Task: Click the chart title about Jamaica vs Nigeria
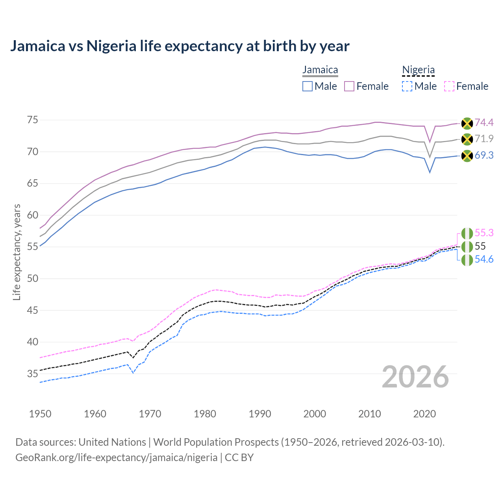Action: (x=180, y=46)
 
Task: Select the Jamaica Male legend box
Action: (x=308, y=86)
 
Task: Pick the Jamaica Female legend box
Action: (x=349, y=86)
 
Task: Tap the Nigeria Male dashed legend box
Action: (x=407, y=86)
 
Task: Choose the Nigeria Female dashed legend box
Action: (x=449, y=86)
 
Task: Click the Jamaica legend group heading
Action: (x=320, y=70)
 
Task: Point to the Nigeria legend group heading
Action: (x=418, y=70)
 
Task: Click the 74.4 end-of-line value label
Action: (x=484, y=123)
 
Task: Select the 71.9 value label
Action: (x=484, y=139)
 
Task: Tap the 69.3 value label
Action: (x=484, y=156)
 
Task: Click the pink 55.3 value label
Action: (x=484, y=233)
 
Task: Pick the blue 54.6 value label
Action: (x=484, y=259)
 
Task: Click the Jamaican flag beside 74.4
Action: (x=467, y=123)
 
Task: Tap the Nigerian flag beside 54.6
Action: (x=467, y=260)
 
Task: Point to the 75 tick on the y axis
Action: (x=33, y=120)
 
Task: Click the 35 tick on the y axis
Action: (x=33, y=374)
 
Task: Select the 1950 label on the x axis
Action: (x=40, y=414)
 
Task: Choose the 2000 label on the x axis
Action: (x=315, y=414)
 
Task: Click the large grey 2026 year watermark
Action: (x=415, y=377)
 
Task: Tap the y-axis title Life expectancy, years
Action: (x=17, y=252)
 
